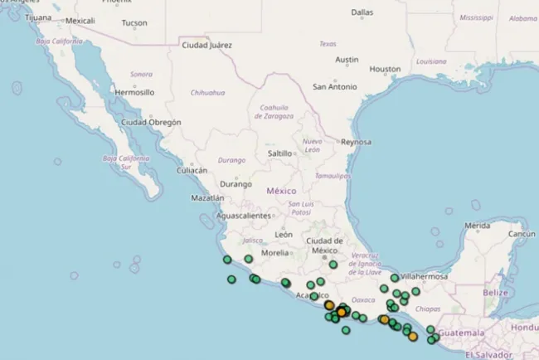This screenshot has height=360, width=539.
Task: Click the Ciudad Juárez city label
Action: click(x=207, y=45)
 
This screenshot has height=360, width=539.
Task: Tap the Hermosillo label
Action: click(x=134, y=92)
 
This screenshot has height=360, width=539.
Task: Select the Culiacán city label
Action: click(x=192, y=170)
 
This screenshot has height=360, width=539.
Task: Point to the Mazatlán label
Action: click(x=207, y=198)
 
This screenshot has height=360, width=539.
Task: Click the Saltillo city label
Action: click(x=280, y=153)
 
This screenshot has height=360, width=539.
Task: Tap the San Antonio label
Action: click(x=334, y=86)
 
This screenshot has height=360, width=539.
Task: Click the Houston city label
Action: click(x=385, y=69)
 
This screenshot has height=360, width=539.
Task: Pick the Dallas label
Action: click(x=362, y=12)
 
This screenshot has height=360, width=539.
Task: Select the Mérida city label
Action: click(x=478, y=226)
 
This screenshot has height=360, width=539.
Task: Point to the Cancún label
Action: click(x=522, y=234)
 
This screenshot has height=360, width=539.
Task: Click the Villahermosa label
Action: click(x=424, y=276)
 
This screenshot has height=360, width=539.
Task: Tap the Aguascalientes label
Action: click(x=243, y=216)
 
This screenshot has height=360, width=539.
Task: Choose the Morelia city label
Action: click(x=275, y=252)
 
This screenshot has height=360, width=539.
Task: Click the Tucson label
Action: click(x=134, y=23)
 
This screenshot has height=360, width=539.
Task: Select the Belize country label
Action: click(x=495, y=293)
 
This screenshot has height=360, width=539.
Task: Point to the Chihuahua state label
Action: click(x=208, y=92)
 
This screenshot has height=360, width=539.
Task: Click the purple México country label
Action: click(x=281, y=191)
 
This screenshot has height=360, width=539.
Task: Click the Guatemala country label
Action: click(x=461, y=333)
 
